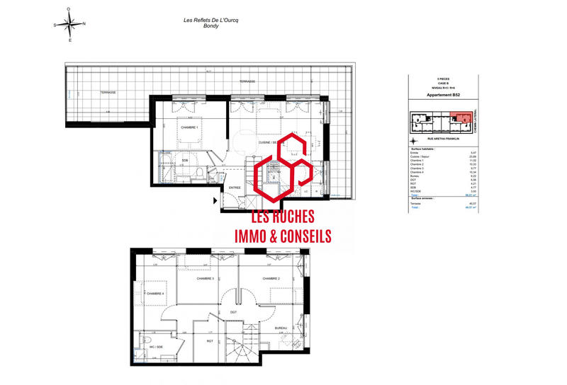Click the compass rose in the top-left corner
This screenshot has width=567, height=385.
[x=69, y=25]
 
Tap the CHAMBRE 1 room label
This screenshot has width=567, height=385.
[x=189, y=127]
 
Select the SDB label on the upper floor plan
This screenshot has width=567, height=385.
[x=185, y=160]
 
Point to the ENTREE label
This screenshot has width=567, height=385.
[x=233, y=188]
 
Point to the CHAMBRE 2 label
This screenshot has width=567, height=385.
[x=271, y=278]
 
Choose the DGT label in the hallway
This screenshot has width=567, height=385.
[x=233, y=311]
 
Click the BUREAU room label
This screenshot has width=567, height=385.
[x=281, y=328]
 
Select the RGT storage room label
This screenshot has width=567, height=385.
[x=210, y=340]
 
